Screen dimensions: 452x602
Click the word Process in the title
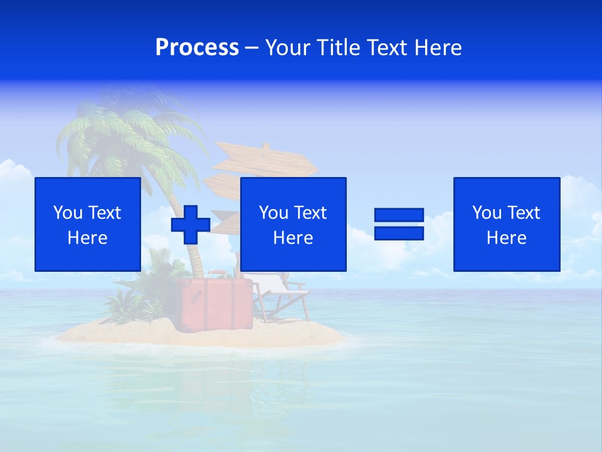click(x=197, y=48)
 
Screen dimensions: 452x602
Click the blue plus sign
click(x=191, y=224)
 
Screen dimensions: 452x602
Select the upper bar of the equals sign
click(x=399, y=215)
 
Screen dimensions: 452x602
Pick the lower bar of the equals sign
click(x=399, y=233)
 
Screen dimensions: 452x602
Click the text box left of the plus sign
click(x=88, y=224)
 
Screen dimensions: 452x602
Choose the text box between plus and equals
click(x=293, y=224)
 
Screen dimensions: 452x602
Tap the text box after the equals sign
click(x=506, y=224)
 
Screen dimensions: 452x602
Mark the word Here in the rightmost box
click(x=506, y=238)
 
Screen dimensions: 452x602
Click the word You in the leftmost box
click(x=68, y=213)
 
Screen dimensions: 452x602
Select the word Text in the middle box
click(x=310, y=213)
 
